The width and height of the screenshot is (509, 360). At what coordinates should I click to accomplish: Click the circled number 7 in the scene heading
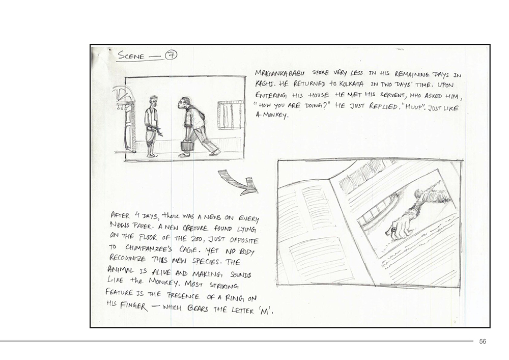[171, 55]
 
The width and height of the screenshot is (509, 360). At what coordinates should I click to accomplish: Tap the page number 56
[483, 341]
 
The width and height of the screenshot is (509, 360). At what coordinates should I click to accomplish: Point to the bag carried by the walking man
[187, 145]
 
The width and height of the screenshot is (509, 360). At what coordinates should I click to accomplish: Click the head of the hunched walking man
[185, 102]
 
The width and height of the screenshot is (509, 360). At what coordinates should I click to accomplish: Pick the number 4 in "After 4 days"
[137, 214]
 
